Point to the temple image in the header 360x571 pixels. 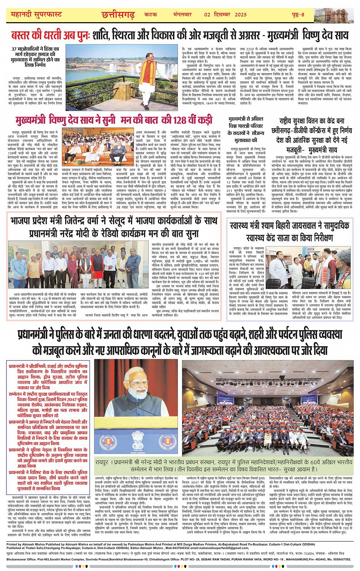point(337,14)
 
